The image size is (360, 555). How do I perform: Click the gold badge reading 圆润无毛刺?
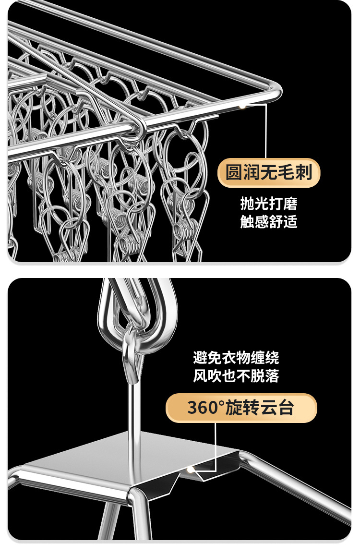click(x=269, y=172)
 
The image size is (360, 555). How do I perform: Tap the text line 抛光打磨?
click(x=269, y=204)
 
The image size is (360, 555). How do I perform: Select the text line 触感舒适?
click(x=269, y=222)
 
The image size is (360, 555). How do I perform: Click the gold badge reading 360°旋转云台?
click(x=241, y=408)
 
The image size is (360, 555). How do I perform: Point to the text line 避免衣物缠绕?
click(x=236, y=358)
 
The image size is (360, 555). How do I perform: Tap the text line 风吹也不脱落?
click(x=236, y=376)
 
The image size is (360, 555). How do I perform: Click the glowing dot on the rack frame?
click(x=242, y=105)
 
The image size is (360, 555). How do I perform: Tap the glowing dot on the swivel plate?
click(x=191, y=469)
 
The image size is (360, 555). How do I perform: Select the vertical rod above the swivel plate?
click(x=131, y=408)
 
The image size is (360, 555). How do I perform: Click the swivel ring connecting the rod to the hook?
click(x=130, y=351)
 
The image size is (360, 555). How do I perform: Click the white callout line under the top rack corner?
click(x=265, y=130)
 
